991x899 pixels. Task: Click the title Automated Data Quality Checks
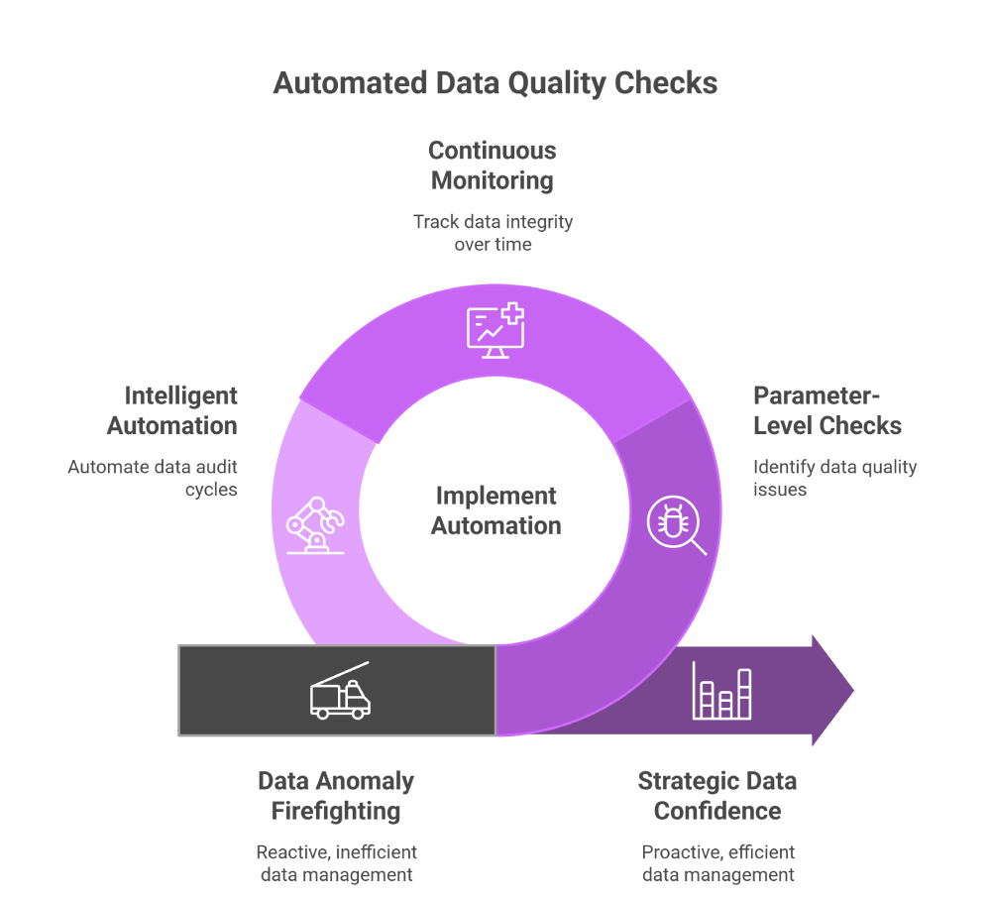click(495, 82)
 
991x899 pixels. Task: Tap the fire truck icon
click(340, 690)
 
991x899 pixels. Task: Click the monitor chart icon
click(495, 330)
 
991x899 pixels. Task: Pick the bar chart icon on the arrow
click(721, 691)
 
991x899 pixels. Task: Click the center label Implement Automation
click(495, 510)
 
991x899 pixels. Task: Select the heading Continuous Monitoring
click(493, 166)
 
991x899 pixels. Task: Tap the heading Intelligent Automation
click(172, 410)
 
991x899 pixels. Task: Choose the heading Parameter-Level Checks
click(827, 410)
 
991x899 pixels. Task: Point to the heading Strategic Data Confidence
click(717, 796)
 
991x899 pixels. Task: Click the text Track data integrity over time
click(493, 232)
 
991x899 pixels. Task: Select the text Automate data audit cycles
click(153, 478)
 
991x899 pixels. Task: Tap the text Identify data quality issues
click(834, 478)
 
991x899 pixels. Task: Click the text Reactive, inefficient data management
click(336, 863)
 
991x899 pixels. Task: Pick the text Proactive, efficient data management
click(717, 863)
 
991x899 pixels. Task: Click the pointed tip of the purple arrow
click(851, 690)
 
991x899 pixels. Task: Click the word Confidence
click(717, 811)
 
